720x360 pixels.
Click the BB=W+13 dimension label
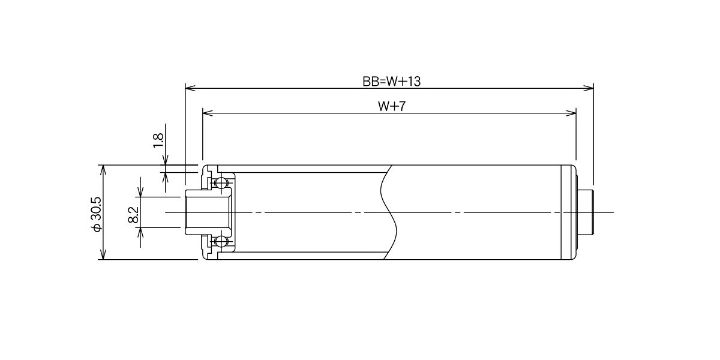pyautogui.click(x=391, y=82)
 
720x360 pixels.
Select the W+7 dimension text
pyautogui.click(x=392, y=106)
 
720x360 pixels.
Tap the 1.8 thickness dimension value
pyautogui.click(x=158, y=140)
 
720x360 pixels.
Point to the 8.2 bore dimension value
pyautogui.click(x=133, y=214)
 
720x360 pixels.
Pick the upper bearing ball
pyautogui.click(x=221, y=184)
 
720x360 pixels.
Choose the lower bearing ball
pyautogui.click(x=221, y=241)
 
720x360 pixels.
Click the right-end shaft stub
pyautogui.click(x=586, y=212)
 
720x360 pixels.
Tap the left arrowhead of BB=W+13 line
pyautogui.click(x=190, y=88)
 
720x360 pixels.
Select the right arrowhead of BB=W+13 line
pyautogui.click(x=589, y=88)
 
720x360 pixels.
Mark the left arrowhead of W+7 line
pyautogui.click(x=208, y=113)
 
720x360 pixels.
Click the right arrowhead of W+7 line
pyautogui.click(x=571, y=113)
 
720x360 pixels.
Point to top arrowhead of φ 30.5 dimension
pyautogui.click(x=103, y=170)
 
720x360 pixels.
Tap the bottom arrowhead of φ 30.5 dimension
pyautogui.click(x=103, y=254)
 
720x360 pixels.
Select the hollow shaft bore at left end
pyautogui.click(x=208, y=212)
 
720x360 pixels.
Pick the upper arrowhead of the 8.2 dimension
pyautogui.click(x=140, y=191)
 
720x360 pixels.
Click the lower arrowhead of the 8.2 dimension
pyautogui.click(x=140, y=233)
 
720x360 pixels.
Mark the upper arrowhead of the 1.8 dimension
pyautogui.click(x=166, y=160)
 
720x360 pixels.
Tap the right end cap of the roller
pyautogui.click(x=569, y=212)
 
